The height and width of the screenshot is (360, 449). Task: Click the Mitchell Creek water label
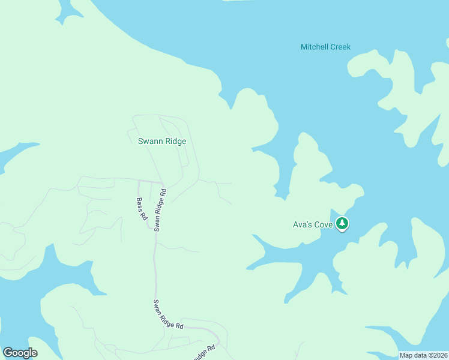(x=325, y=47)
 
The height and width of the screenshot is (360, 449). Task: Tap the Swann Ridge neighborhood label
(x=162, y=142)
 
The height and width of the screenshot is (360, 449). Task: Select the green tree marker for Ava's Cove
(x=342, y=224)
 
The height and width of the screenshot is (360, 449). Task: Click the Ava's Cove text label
(x=312, y=225)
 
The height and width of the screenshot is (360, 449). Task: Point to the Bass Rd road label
(x=142, y=209)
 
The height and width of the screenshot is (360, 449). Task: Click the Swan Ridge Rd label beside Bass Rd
(x=160, y=210)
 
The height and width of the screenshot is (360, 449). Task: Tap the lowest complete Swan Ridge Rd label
(x=168, y=314)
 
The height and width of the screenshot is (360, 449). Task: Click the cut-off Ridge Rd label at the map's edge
(x=204, y=353)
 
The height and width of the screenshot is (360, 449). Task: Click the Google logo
(x=20, y=353)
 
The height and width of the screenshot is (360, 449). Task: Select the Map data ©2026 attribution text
(x=423, y=355)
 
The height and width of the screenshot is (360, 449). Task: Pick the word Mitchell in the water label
(x=314, y=47)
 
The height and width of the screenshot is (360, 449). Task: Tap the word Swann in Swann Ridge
(x=150, y=142)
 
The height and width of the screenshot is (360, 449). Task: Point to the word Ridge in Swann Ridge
(x=175, y=142)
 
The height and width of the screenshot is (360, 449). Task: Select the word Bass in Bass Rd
(x=140, y=205)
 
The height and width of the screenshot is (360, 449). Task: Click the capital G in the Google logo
(x=8, y=353)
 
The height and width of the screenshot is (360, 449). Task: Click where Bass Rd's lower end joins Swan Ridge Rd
(x=154, y=228)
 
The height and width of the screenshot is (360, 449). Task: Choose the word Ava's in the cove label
(x=301, y=225)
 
